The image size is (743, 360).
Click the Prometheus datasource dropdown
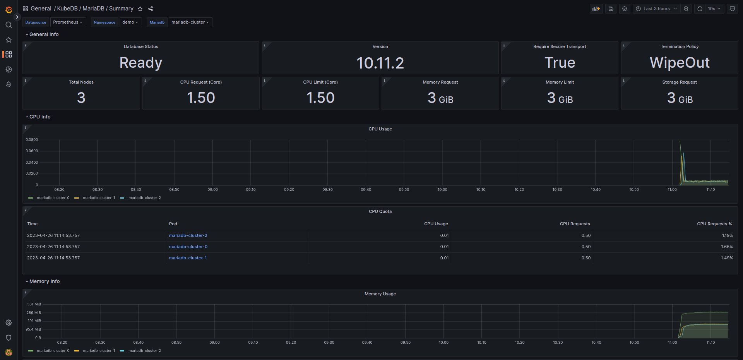[68, 22]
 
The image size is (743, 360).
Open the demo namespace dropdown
[130, 22]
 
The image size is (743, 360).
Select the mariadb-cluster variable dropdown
[190, 22]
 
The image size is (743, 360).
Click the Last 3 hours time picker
[656, 9]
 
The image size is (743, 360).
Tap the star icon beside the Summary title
[140, 9]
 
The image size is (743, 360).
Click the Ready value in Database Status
[141, 63]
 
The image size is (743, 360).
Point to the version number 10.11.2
[380, 63]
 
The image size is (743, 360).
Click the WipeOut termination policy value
[679, 63]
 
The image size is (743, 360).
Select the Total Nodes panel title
[81, 82]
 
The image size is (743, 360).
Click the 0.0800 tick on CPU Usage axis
[32, 140]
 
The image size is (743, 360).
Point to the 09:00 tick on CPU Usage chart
[212, 190]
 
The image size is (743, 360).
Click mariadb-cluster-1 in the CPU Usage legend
[99, 198]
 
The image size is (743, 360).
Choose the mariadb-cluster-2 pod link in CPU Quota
[188, 235]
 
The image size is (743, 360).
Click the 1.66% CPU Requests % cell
[727, 247]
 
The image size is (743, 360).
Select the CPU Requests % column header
[714, 224]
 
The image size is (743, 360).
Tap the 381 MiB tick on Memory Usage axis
[34, 304]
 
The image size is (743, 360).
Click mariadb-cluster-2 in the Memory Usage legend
[144, 351]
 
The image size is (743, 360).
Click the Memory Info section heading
[45, 281]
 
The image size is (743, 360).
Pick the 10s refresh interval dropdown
[714, 9]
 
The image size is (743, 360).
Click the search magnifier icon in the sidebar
[9, 25]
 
